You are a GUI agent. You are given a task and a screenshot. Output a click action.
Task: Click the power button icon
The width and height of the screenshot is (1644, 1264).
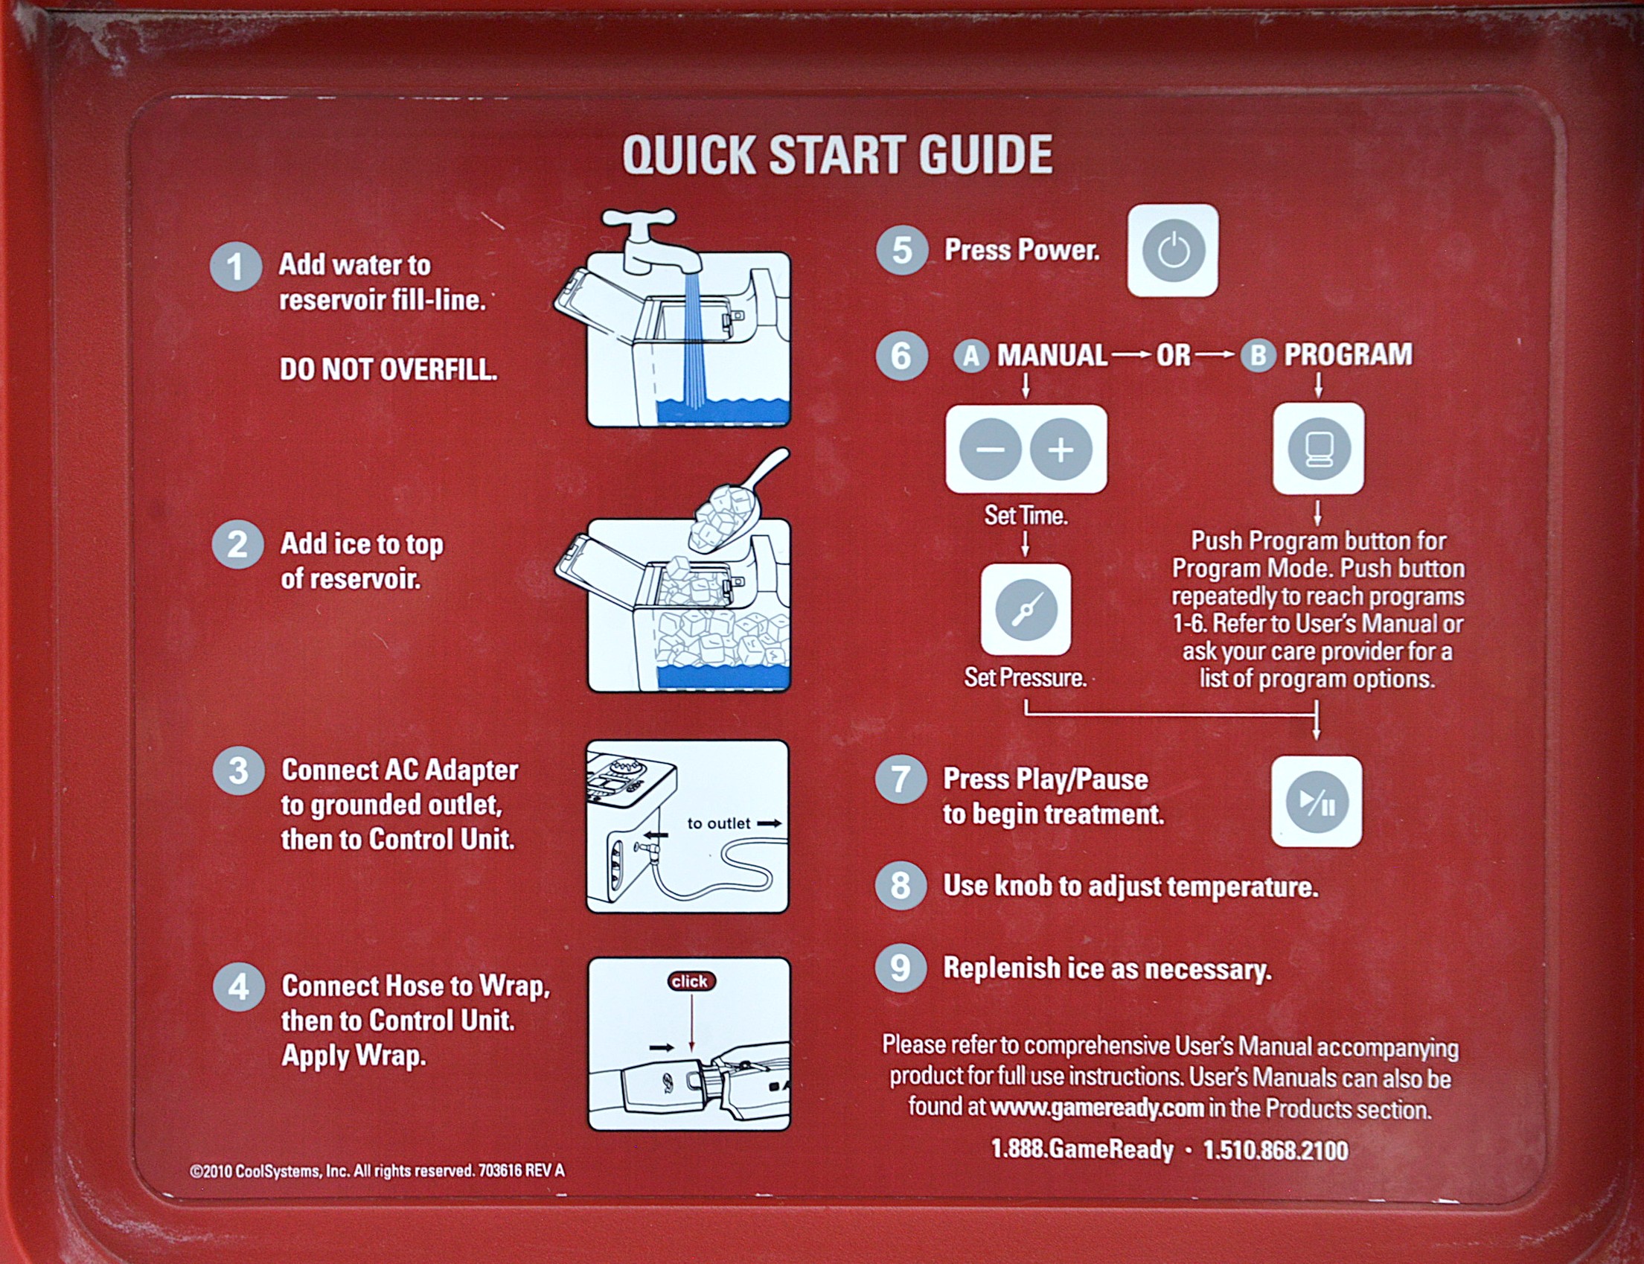pos(1172,251)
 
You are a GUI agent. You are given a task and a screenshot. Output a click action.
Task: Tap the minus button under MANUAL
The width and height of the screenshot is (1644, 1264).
pos(990,450)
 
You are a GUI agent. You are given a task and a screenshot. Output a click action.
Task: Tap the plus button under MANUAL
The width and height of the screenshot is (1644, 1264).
pos(1061,450)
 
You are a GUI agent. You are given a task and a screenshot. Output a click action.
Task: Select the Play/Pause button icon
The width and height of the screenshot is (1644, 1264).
pos(1316,802)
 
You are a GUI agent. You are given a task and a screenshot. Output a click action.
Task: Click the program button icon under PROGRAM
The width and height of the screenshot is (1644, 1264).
pos(1318,449)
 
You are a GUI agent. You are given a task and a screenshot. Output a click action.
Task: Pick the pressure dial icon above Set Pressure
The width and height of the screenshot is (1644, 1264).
pos(1026,610)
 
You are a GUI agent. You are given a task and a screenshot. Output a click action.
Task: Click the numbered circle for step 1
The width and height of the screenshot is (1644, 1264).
pos(236,267)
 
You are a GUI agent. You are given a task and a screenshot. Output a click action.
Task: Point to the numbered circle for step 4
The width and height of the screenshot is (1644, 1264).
pos(238,986)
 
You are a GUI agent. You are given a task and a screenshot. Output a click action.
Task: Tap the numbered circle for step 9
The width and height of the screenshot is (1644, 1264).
pos(901,968)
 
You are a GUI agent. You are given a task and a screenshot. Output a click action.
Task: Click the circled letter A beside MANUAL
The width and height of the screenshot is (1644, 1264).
pos(971,356)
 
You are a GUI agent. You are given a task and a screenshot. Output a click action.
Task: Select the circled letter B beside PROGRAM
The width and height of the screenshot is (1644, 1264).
pos(1258,355)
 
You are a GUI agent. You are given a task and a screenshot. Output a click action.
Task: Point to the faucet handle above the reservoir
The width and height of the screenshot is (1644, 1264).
pos(638,219)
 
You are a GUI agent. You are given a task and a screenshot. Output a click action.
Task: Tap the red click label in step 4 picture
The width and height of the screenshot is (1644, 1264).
pos(691,981)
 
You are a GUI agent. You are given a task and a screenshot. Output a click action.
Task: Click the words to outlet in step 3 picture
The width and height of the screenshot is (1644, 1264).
pos(718,823)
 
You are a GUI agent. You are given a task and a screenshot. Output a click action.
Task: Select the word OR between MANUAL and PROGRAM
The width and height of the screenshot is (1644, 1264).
pos(1173,355)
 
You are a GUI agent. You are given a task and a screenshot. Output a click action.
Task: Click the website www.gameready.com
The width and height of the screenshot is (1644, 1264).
pos(1097,1108)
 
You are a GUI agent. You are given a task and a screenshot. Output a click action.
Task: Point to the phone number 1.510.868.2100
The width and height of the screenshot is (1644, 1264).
pos(1276,1149)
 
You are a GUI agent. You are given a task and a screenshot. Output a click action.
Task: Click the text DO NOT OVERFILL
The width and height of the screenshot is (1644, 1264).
pos(388,369)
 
